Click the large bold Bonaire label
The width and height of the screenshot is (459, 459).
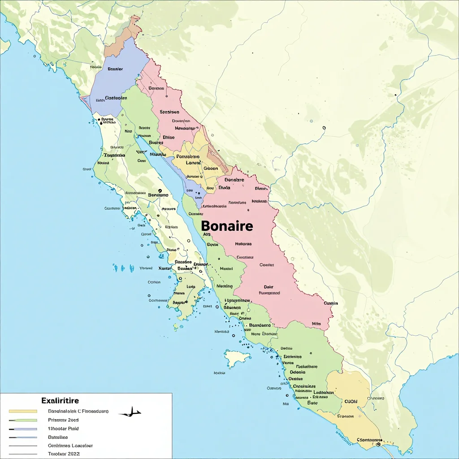pos(227,226)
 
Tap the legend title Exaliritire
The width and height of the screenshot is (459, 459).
pos(60,400)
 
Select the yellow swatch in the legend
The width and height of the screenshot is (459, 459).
pos(23,411)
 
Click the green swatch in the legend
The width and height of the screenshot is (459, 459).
pos(23,420)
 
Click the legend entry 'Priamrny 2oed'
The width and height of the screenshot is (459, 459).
pos(63,420)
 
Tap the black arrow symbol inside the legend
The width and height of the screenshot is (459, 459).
pos(130,412)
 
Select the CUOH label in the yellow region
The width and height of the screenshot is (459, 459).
pos(350,402)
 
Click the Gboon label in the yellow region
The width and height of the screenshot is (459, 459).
pos(211,169)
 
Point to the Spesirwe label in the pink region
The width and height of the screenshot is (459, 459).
pos(169,112)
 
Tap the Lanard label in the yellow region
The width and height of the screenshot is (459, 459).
pos(186,163)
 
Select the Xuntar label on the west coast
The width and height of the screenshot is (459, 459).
pos(165,268)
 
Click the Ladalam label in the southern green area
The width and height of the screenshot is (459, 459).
pos(322,392)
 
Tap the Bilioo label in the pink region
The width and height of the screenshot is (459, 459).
pos(169,138)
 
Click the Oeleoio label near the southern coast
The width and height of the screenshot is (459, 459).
pos(298,372)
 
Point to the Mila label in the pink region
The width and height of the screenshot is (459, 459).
pos(316,323)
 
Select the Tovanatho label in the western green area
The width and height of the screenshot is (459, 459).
pos(114,155)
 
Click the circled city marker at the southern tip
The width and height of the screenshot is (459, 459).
pos(378,445)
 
